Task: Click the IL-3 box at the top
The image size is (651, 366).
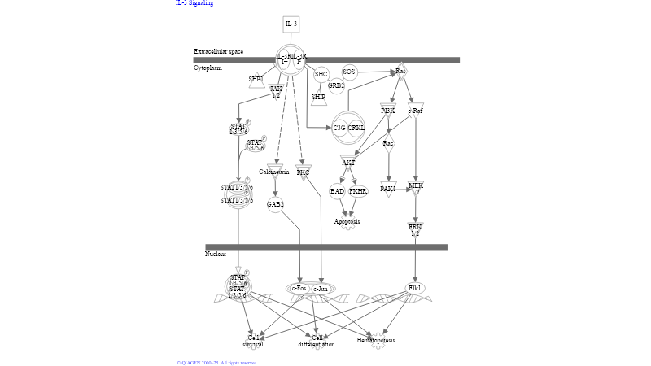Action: pyautogui.click(x=291, y=24)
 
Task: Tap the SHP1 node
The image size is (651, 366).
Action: pyautogui.click(x=256, y=80)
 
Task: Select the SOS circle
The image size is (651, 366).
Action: pyautogui.click(x=349, y=72)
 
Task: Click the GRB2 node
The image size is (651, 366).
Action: pyautogui.click(x=336, y=85)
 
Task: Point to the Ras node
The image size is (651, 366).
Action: pyautogui.click(x=400, y=72)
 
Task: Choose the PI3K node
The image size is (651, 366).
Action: pyautogui.click(x=388, y=111)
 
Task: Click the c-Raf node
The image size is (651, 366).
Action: pyautogui.click(x=415, y=111)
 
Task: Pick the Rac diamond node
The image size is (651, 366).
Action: pyautogui.click(x=388, y=144)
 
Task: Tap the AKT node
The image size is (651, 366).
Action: pyautogui.click(x=348, y=163)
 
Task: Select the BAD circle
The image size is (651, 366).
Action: pyautogui.click(x=337, y=191)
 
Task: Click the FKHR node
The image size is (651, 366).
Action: pyautogui.click(x=358, y=191)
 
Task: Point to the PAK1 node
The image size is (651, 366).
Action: pyautogui.click(x=388, y=189)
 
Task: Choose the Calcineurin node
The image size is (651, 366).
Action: pyautogui.click(x=274, y=172)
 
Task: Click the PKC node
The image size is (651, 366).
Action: pyautogui.click(x=303, y=172)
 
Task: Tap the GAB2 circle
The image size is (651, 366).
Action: pyautogui.click(x=275, y=204)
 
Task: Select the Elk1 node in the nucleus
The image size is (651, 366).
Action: pyautogui.click(x=415, y=288)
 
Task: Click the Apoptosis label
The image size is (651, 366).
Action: pyautogui.click(x=347, y=221)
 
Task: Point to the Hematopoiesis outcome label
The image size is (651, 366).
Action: pyautogui.click(x=376, y=340)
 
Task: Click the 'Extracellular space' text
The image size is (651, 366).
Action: pyautogui.click(x=218, y=51)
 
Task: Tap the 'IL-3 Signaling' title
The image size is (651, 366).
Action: pyautogui.click(x=194, y=3)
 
